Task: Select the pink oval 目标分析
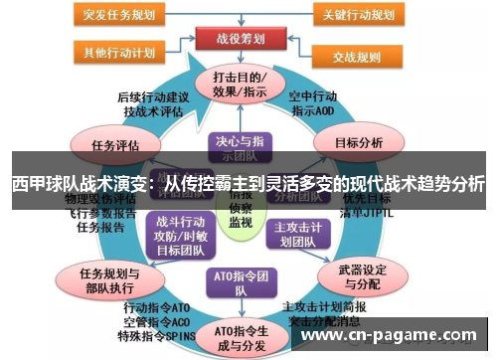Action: click(359, 143)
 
